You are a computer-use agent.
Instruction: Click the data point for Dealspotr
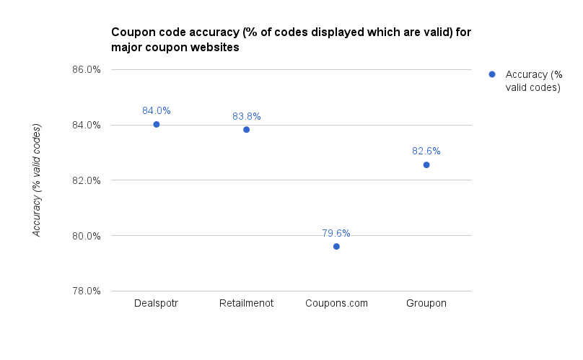[x=156, y=124]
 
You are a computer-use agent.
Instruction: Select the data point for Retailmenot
[x=246, y=130]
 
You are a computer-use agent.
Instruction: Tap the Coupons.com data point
[x=336, y=247]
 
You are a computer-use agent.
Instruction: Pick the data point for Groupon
[x=426, y=165]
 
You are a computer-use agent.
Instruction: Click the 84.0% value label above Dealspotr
[x=156, y=111]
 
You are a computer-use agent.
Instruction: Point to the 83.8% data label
[x=246, y=116]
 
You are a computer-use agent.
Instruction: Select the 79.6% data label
[x=336, y=233]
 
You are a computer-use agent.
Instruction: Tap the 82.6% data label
[x=426, y=152]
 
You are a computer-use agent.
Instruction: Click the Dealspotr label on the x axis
[x=156, y=304]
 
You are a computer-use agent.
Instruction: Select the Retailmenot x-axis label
[x=246, y=304]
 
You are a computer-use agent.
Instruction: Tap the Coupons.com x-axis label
[x=336, y=304]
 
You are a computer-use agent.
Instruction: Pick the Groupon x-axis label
[x=426, y=304]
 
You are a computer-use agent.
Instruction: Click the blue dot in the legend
[x=492, y=74]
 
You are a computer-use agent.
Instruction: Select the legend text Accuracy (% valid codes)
[x=533, y=81]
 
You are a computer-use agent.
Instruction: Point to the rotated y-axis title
[x=37, y=180]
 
